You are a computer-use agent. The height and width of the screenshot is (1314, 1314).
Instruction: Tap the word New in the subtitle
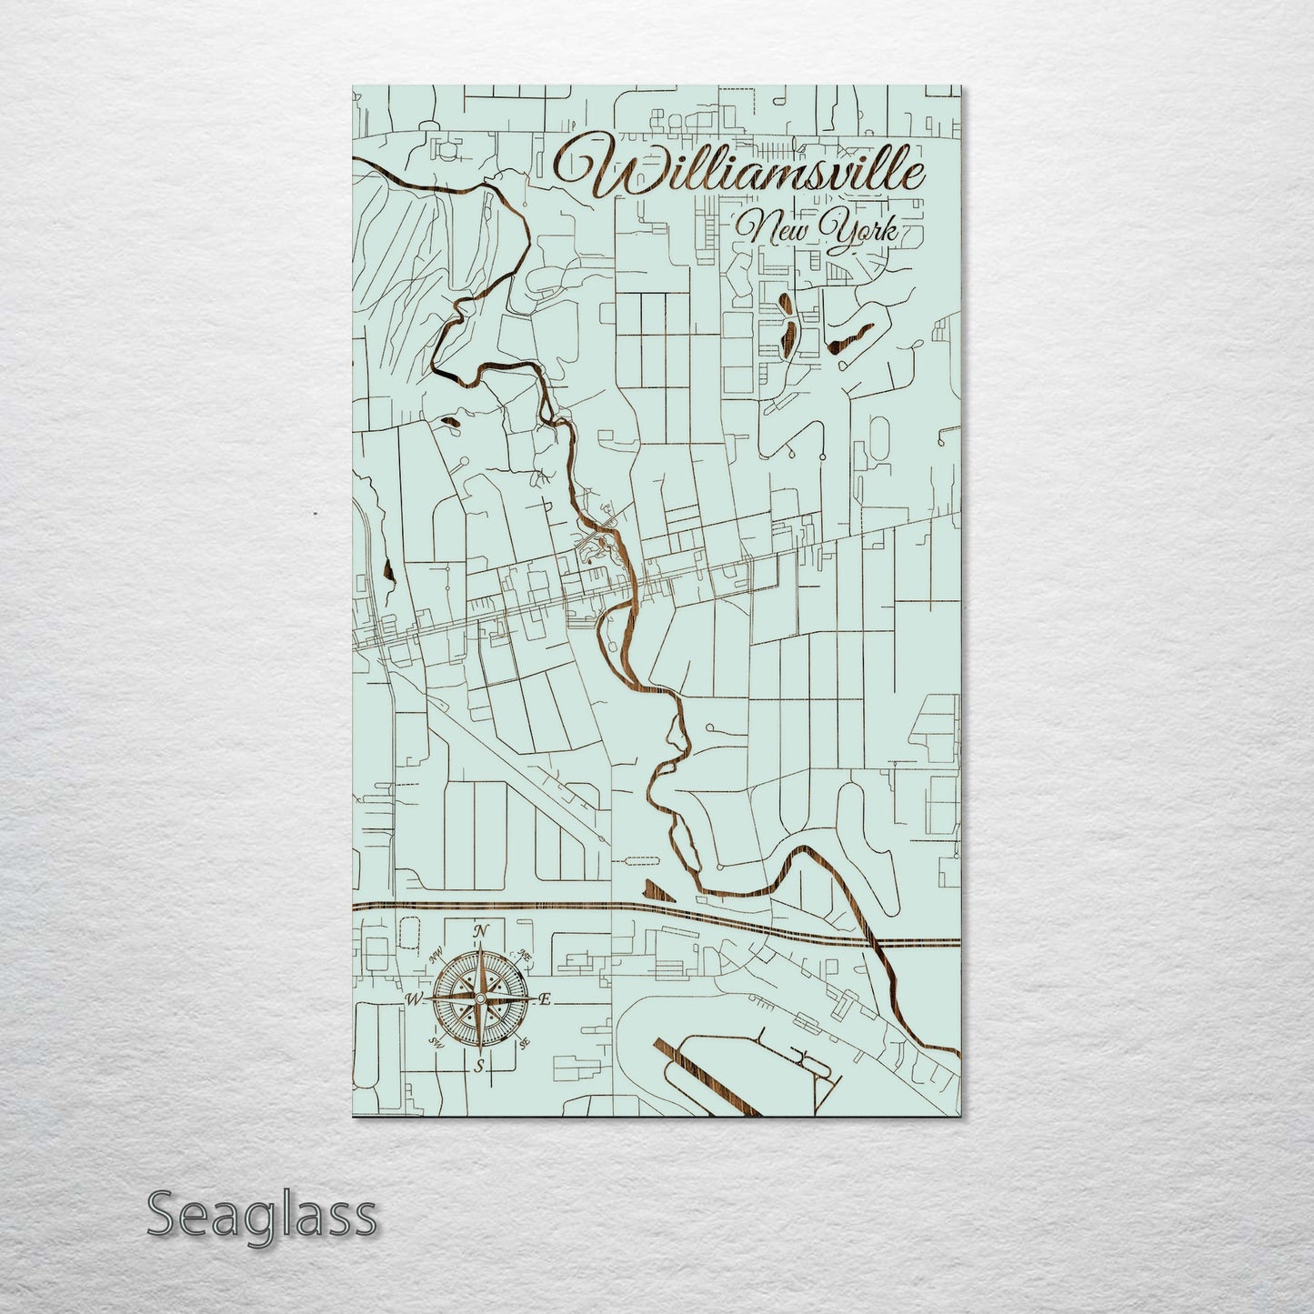773,227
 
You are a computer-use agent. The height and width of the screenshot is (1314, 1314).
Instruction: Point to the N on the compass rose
482,931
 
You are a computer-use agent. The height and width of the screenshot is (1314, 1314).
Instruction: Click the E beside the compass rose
545,999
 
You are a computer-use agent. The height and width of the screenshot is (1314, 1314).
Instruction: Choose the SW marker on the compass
437,1043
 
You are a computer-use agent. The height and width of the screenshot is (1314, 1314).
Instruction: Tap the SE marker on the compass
524,1043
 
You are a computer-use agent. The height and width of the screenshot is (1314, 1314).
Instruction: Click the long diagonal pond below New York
850,336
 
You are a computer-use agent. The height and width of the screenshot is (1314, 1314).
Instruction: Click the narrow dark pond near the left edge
388,571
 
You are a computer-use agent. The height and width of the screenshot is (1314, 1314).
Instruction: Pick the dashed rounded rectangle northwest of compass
410,931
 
